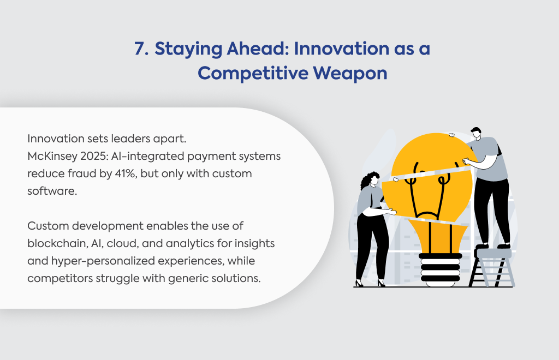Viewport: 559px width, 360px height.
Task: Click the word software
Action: coord(52,191)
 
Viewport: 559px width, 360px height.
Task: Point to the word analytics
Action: coord(189,244)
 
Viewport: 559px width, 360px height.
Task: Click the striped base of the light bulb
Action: coord(441,270)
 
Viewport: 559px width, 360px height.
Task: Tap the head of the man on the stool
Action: coord(475,133)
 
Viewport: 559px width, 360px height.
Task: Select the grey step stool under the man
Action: coord(492,268)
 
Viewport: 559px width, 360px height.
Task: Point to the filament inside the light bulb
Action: coord(428,193)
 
